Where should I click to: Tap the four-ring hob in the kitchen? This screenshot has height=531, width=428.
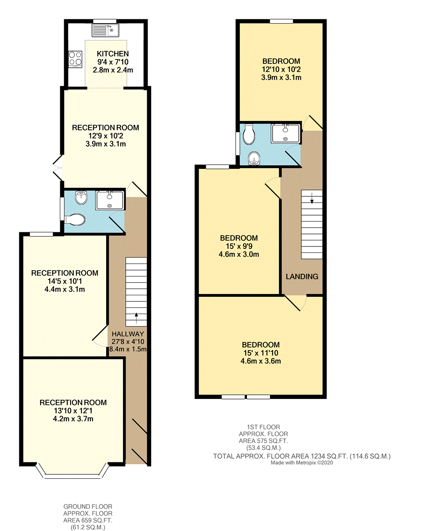[x=75, y=59]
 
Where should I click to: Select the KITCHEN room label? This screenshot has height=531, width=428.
[x=113, y=54]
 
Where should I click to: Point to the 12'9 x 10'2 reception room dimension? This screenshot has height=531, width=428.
[x=105, y=136]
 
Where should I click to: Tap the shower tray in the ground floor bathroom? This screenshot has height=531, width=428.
[x=110, y=200]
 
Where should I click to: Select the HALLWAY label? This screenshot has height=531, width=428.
[x=128, y=334]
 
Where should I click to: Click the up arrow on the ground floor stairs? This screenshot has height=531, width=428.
[x=136, y=318]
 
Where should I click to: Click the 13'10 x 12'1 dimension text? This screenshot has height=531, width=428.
[x=73, y=411]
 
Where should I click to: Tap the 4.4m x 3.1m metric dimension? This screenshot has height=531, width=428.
[x=65, y=289]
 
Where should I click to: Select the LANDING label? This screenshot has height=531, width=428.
[x=302, y=276]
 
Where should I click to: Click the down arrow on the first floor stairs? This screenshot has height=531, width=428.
[x=312, y=198]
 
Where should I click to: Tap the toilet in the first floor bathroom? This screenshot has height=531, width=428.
[x=249, y=135]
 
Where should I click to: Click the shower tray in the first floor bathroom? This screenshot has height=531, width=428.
[x=285, y=133]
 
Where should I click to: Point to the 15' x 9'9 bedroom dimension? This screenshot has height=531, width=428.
[x=239, y=246]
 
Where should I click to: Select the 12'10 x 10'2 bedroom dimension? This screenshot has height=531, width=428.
[x=281, y=69]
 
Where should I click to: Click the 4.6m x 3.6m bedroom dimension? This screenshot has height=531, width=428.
[x=261, y=361]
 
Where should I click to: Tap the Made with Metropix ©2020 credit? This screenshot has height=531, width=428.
[x=302, y=463]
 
